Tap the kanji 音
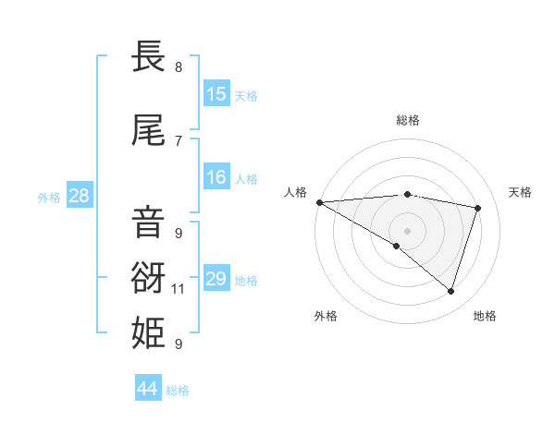[x=149, y=223]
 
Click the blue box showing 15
[x=216, y=94]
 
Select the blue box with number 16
[x=216, y=177]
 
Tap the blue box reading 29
[x=216, y=279]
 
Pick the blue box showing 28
[x=79, y=196]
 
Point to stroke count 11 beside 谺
[x=179, y=289]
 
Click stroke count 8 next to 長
[x=178, y=66]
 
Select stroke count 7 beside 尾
[x=178, y=140]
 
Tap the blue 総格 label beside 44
[x=178, y=391]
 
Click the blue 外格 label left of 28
[x=49, y=197]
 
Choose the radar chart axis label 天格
[x=521, y=192]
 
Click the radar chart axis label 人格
[x=296, y=192]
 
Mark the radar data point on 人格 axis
[x=319, y=201]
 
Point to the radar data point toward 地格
[x=450, y=291]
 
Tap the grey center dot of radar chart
[x=407, y=229]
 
